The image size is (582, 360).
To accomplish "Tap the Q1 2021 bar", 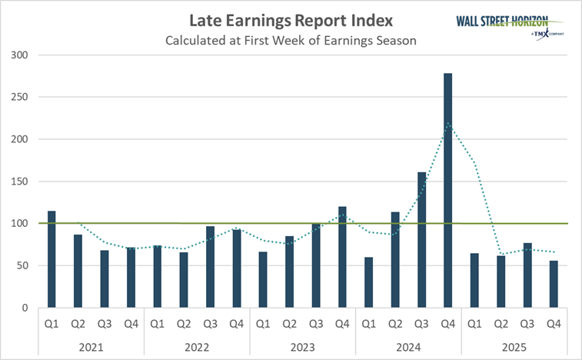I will tap(52, 259).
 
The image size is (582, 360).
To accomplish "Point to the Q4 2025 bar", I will tap(554, 284).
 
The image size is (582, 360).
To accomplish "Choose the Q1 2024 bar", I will tap(368, 282).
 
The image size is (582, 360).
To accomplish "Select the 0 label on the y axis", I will tap(25, 308).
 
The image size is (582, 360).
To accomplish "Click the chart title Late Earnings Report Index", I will tap(290, 21).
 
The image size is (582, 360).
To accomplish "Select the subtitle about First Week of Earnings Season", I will tap(290, 40).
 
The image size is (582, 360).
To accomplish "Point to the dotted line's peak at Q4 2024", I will tap(447, 124).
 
